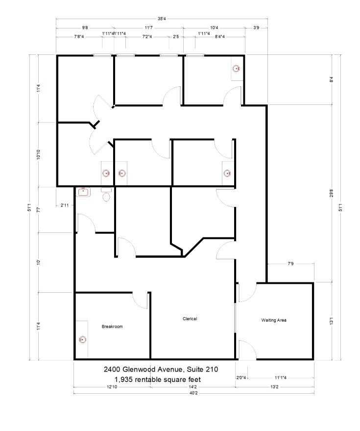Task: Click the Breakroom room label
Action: [112, 327]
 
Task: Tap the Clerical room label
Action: [190, 319]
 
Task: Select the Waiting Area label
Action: [274, 320]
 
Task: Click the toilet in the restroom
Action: [106, 197]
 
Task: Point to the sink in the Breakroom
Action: [82, 339]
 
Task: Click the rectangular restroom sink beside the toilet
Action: [83, 192]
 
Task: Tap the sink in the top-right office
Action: [236, 70]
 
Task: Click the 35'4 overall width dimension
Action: [161, 20]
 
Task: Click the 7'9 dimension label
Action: [290, 264]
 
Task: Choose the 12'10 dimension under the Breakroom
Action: [112, 387]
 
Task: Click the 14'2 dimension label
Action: [193, 387]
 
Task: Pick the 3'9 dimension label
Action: [256, 28]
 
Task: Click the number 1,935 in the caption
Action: [124, 379]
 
